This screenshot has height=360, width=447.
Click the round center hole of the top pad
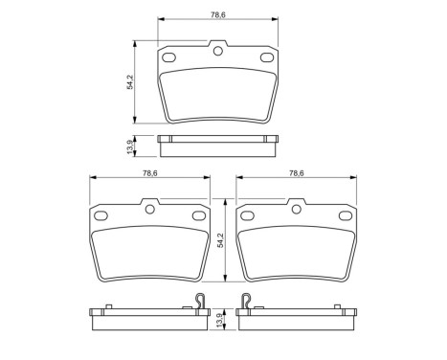[x=218, y=52]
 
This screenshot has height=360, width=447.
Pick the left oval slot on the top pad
[x=171, y=59]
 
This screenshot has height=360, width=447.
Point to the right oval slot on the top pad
[x=265, y=59]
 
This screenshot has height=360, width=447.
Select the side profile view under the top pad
[x=218, y=145]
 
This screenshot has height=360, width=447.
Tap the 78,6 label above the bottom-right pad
[x=298, y=172]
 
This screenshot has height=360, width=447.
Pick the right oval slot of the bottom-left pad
[x=199, y=215]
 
